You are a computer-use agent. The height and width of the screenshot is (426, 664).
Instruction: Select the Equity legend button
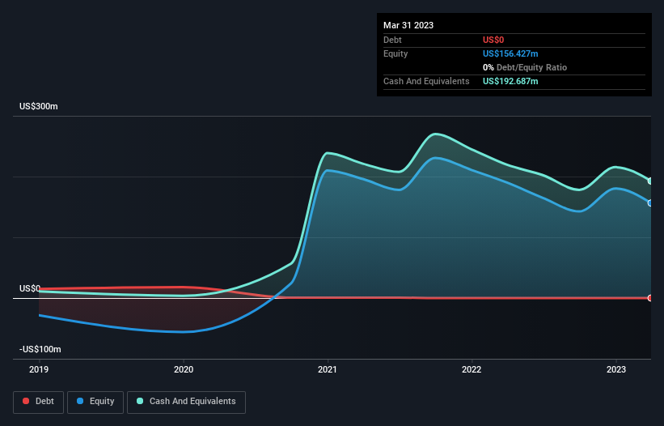(95, 401)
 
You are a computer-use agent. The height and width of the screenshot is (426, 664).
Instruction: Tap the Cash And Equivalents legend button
(186, 401)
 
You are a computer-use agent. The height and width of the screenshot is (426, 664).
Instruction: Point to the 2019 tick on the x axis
(39, 370)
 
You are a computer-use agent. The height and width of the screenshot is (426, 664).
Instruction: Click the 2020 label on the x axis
(184, 370)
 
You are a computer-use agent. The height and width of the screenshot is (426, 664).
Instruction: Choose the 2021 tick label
(328, 370)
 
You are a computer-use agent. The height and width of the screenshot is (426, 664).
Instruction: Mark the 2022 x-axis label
(472, 370)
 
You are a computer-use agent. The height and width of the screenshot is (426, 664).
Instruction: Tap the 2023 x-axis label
(616, 370)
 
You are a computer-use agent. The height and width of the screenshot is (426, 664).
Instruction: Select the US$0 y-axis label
(30, 288)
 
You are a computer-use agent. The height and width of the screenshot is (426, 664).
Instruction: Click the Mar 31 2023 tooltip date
(408, 25)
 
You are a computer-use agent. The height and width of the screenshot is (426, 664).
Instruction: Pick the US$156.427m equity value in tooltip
(510, 53)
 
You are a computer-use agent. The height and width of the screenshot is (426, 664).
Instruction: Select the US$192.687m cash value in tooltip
(510, 81)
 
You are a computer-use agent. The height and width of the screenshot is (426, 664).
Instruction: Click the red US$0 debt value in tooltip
(494, 40)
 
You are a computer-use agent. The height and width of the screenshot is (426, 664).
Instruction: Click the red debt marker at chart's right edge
(650, 298)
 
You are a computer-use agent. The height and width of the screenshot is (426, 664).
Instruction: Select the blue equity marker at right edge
(650, 203)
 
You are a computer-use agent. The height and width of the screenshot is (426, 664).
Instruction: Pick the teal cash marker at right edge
(650, 181)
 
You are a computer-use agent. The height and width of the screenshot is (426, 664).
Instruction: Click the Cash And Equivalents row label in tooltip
(426, 81)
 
